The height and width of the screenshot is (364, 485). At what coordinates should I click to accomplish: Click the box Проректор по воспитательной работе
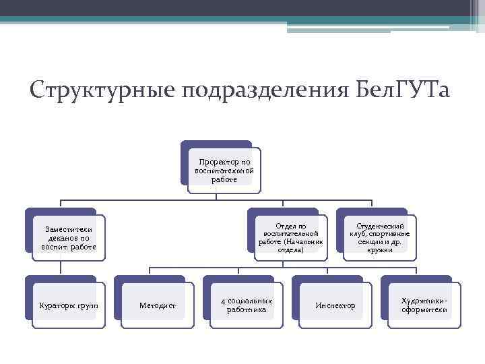224,171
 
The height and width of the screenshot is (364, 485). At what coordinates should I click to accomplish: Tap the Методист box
157,305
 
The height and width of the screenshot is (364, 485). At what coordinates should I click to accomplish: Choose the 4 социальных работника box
246,305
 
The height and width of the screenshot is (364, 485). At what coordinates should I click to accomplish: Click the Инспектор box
335,305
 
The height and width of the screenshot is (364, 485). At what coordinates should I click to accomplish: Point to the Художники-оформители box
424,305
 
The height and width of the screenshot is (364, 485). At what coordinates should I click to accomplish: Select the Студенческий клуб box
379,238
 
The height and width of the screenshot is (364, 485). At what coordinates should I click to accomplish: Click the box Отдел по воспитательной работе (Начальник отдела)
290,238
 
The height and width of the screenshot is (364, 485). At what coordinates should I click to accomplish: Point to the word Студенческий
380,226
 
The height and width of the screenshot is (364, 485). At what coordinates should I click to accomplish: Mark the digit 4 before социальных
222,301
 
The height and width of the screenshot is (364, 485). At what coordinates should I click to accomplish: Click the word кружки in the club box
380,250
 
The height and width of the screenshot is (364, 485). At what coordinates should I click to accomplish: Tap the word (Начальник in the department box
303,242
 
